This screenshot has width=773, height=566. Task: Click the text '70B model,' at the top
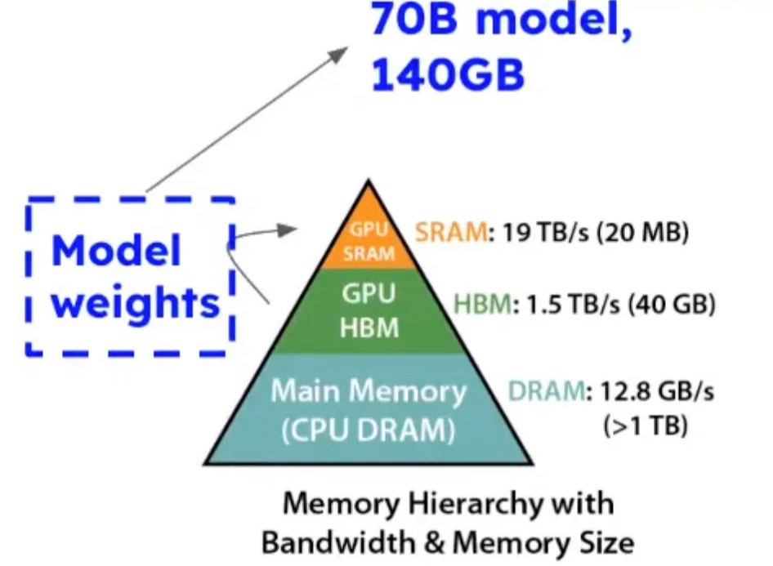tap(500, 20)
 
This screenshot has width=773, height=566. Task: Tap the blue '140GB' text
tap(447, 75)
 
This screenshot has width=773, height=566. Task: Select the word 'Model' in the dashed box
tap(116, 250)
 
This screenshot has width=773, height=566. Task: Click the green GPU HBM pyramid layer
tap(369, 310)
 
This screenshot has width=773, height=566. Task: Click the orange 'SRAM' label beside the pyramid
tap(450, 233)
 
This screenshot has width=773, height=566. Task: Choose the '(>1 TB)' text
tap(645, 426)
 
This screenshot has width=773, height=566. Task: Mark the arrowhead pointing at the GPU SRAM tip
tap(285, 230)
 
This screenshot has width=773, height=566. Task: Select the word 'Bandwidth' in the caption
tap(342, 541)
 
